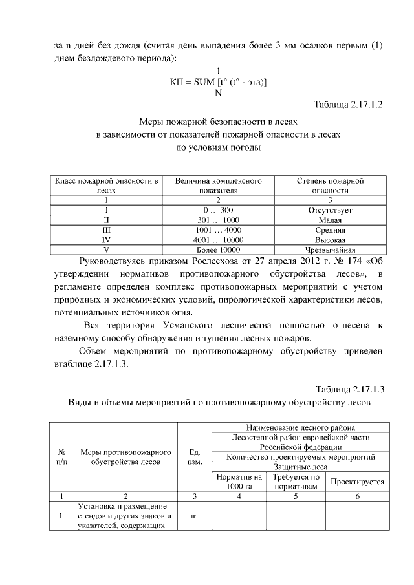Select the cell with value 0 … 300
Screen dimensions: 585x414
pyautogui.click(x=218, y=210)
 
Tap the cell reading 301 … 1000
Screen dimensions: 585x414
pyautogui.click(x=218, y=220)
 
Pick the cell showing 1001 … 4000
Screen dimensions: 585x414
pyautogui.click(x=218, y=229)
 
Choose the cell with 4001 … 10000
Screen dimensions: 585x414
pyautogui.click(x=218, y=239)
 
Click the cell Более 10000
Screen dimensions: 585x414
pyautogui.click(x=218, y=249)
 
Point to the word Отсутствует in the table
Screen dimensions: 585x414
pyautogui.click(x=330, y=210)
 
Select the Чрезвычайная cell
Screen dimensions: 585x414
pyautogui.click(x=330, y=249)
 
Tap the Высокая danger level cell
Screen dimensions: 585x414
pyautogui.click(x=330, y=239)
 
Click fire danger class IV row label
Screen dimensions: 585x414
pyautogui.click(x=106, y=239)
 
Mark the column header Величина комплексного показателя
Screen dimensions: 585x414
pyautogui.click(x=218, y=186)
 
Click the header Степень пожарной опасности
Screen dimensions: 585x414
pyautogui.click(x=330, y=186)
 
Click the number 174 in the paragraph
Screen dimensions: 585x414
pyautogui.click(x=298, y=262)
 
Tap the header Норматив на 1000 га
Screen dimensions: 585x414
pyautogui.click(x=239, y=482)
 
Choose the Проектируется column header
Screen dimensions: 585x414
pyautogui.click(x=357, y=482)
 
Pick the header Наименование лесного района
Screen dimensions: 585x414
pyautogui.click(x=301, y=427)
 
